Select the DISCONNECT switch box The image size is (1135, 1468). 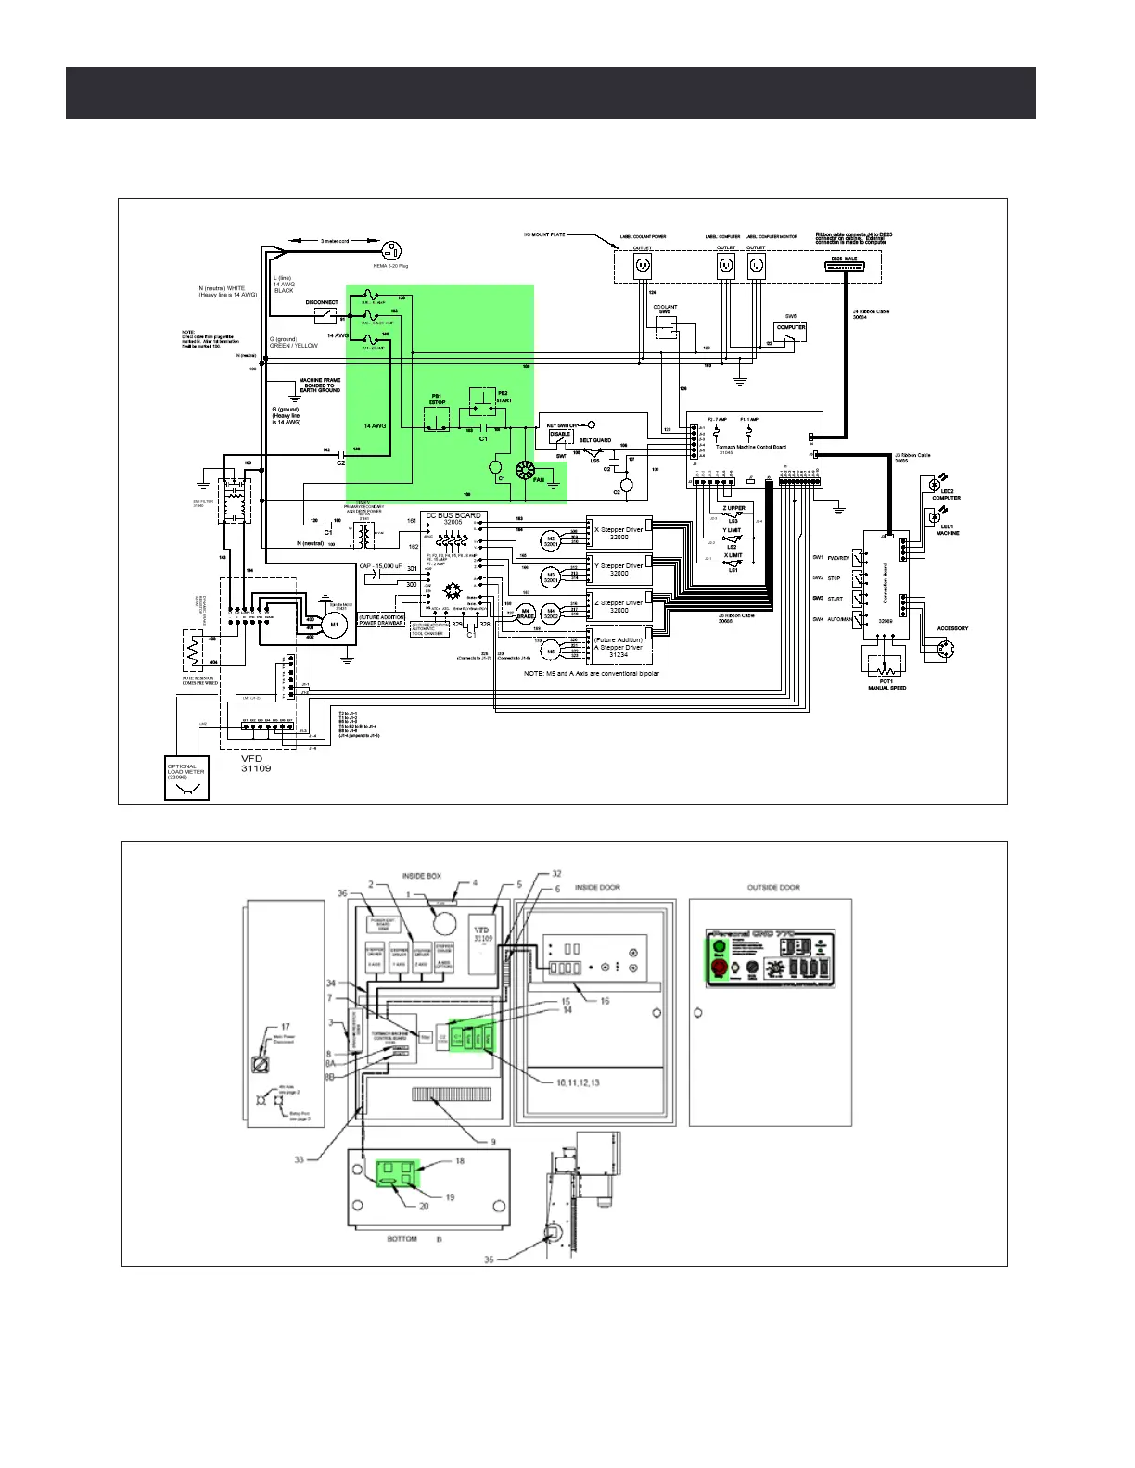click(x=323, y=315)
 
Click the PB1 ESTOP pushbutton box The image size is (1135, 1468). click(x=437, y=419)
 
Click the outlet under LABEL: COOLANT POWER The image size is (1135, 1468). click(x=643, y=267)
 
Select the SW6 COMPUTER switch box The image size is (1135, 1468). click(x=791, y=330)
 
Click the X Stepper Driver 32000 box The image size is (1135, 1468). click(x=619, y=534)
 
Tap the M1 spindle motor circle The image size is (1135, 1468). click(x=335, y=624)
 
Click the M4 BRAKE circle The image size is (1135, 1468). click(x=525, y=613)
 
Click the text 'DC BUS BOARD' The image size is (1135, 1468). click(x=454, y=515)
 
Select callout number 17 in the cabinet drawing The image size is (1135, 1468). click(x=286, y=1027)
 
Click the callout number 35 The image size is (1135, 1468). click(x=490, y=1259)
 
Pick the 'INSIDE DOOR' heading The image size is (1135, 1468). click(x=598, y=888)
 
